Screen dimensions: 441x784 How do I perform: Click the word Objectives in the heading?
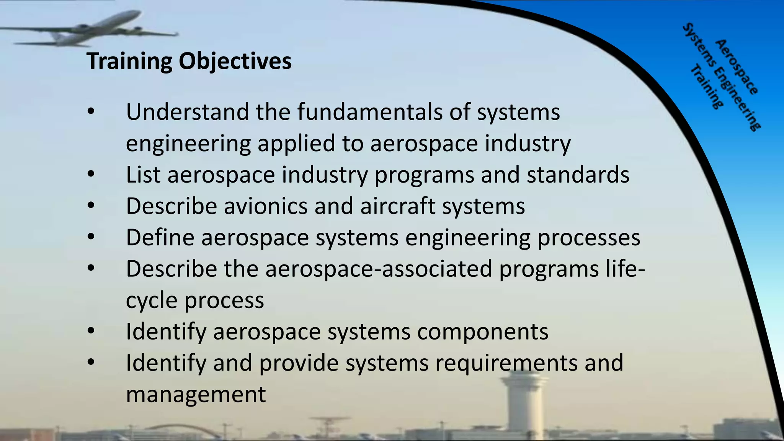[x=235, y=61]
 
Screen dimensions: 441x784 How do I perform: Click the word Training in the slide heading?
[x=129, y=61]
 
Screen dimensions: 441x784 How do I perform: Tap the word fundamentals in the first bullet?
[x=370, y=112]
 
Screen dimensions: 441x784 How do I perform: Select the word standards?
[x=578, y=175]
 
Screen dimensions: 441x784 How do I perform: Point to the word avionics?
[x=265, y=206]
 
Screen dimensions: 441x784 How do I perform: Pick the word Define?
[x=160, y=238]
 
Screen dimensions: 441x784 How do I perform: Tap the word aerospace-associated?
[x=379, y=269]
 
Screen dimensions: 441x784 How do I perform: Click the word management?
[x=196, y=395]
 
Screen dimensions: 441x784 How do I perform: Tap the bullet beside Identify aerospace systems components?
[x=91, y=331]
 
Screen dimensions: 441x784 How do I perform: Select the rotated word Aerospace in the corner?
[x=737, y=67]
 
